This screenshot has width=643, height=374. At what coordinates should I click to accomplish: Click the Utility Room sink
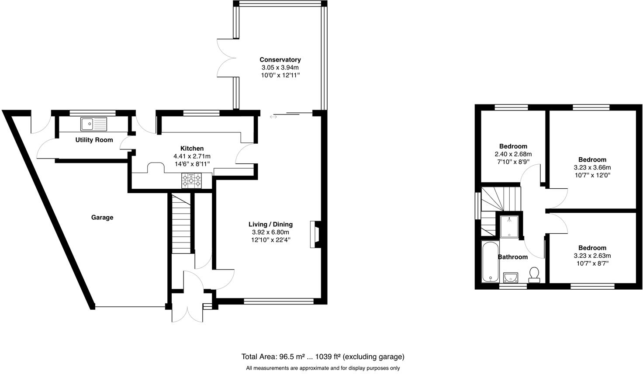pyautogui.click(x=93, y=124)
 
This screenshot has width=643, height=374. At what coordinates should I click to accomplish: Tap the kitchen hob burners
pyautogui.click(x=192, y=180)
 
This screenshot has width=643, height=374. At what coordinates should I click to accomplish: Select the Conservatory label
pyautogui.click(x=280, y=59)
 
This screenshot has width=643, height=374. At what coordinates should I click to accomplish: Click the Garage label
pyautogui.click(x=102, y=217)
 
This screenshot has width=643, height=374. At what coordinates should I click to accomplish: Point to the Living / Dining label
pyautogui.click(x=270, y=224)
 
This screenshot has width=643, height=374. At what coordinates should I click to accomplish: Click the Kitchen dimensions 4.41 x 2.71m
pyautogui.click(x=192, y=156)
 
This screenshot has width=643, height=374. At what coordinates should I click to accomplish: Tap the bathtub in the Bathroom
pyautogui.click(x=489, y=261)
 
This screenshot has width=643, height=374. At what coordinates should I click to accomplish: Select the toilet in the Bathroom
pyautogui.click(x=534, y=275)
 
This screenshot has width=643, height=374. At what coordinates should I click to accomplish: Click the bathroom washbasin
pyautogui.click(x=510, y=277)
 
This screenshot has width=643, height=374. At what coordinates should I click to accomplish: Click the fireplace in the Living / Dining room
pyautogui.click(x=315, y=235)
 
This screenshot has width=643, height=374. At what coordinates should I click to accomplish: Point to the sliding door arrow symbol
pyautogui.click(x=273, y=117)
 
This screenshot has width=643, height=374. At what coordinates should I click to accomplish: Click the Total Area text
pyautogui.click(x=323, y=357)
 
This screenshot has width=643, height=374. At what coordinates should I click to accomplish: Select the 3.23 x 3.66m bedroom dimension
pyautogui.click(x=592, y=167)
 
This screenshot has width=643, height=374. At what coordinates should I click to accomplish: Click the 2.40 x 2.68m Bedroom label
pyautogui.click(x=513, y=146)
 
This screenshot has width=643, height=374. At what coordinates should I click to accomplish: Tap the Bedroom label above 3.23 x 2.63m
pyautogui.click(x=592, y=248)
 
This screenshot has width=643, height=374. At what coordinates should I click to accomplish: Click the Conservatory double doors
pyautogui.click(x=228, y=58)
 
